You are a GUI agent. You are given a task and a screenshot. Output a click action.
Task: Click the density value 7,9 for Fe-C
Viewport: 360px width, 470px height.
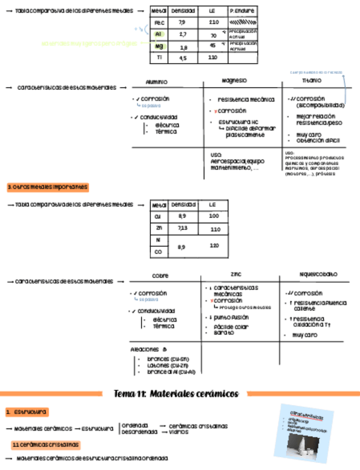pyautogui.click(x=182, y=23)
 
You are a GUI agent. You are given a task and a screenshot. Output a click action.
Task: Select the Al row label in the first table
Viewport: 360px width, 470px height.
pyautogui.click(x=159, y=34)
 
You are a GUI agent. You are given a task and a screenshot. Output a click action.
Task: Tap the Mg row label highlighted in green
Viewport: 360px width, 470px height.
pyautogui.click(x=159, y=47)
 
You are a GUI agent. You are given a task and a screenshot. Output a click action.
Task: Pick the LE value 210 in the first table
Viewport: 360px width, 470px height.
pyautogui.click(x=214, y=23)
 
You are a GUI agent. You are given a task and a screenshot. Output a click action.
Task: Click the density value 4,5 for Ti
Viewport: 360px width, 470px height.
pyautogui.click(x=182, y=58)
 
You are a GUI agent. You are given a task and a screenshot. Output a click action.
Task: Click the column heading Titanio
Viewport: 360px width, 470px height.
pyautogui.click(x=311, y=81)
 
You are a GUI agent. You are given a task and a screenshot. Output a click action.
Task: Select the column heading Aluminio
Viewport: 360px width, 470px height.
pyautogui.click(x=156, y=82)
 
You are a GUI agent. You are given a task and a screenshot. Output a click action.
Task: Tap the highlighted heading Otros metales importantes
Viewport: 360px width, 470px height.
pyautogui.click(x=48, y=187)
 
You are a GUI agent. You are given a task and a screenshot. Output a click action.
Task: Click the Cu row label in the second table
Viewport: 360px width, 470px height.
pyautogui.click(x=159, y=216)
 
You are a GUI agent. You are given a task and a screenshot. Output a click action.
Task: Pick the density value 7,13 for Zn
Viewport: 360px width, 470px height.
pyautogui.click(x=182, y=228)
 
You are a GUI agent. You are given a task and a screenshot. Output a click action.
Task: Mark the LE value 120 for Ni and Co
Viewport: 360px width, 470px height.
pyautogui.click(x=214, y=246)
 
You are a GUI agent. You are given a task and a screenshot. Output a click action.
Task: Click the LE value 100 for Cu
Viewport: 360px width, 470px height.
pyautogui.click(x=214, y=216)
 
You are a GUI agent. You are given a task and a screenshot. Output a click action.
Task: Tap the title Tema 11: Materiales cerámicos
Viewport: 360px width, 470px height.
pyautogui.click(x=176, y=394)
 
